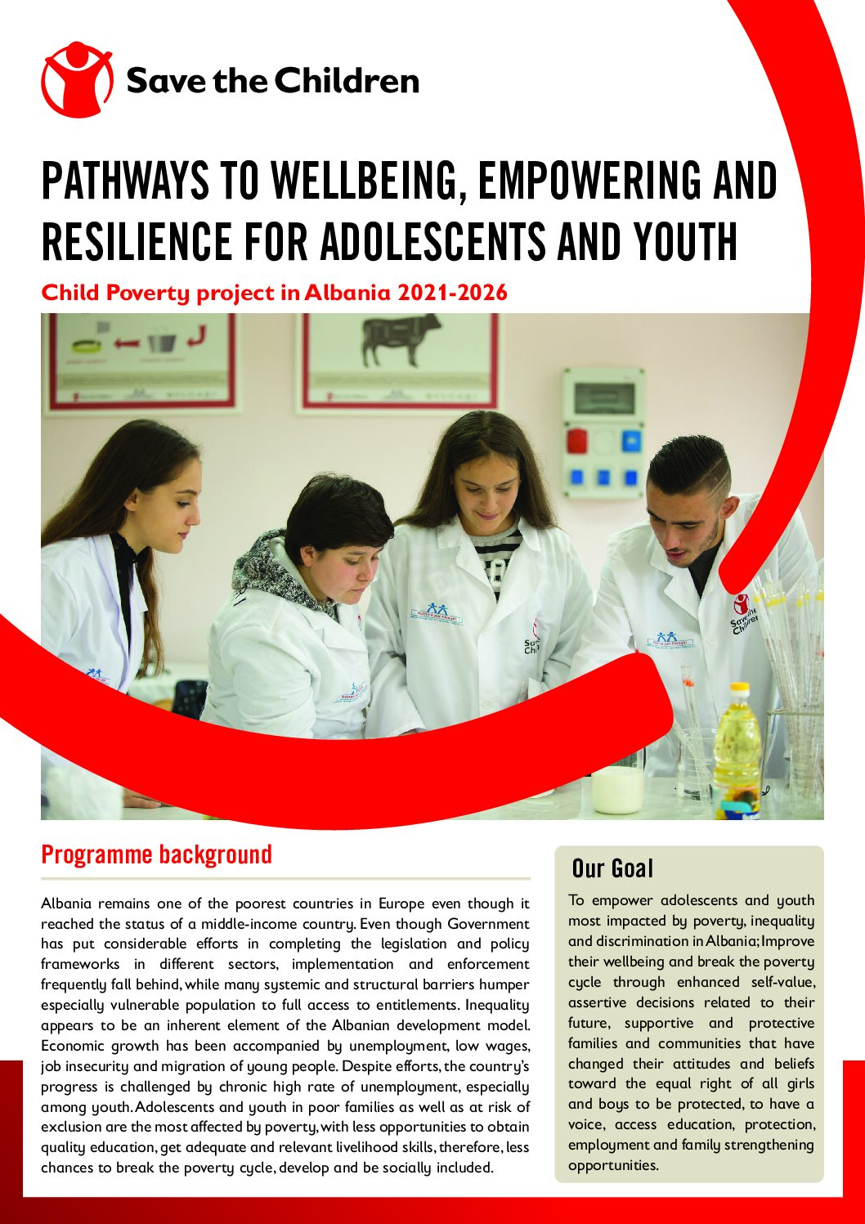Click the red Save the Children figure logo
(77, 79)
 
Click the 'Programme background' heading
(156, 854)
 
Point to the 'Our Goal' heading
(612, 868)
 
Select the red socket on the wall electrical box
(577, 441)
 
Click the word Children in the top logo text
(346, 81)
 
